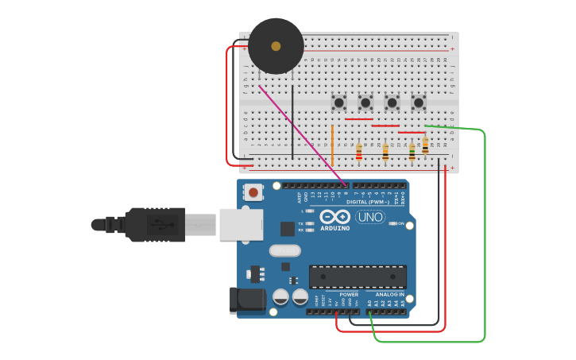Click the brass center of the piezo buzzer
click(x=276, y=46)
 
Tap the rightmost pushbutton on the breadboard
click(x=419, y=103)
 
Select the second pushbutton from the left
click(x=365, y=103)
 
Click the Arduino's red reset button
click(x=253, y=192)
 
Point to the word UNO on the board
click(x=369, y=216)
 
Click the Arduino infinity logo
click(x=334, y=216)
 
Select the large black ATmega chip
click(x=358, y=277)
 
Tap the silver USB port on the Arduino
click(x=241, y=224)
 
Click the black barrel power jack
click(x=246, y=300)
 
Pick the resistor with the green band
click(x=412, y=151)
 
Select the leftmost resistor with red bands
click(x=359, y=152)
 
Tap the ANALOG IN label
click(x=389, y=294)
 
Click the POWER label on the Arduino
click(x=348, y=294)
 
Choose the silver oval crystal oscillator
click(x=284, y=250)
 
